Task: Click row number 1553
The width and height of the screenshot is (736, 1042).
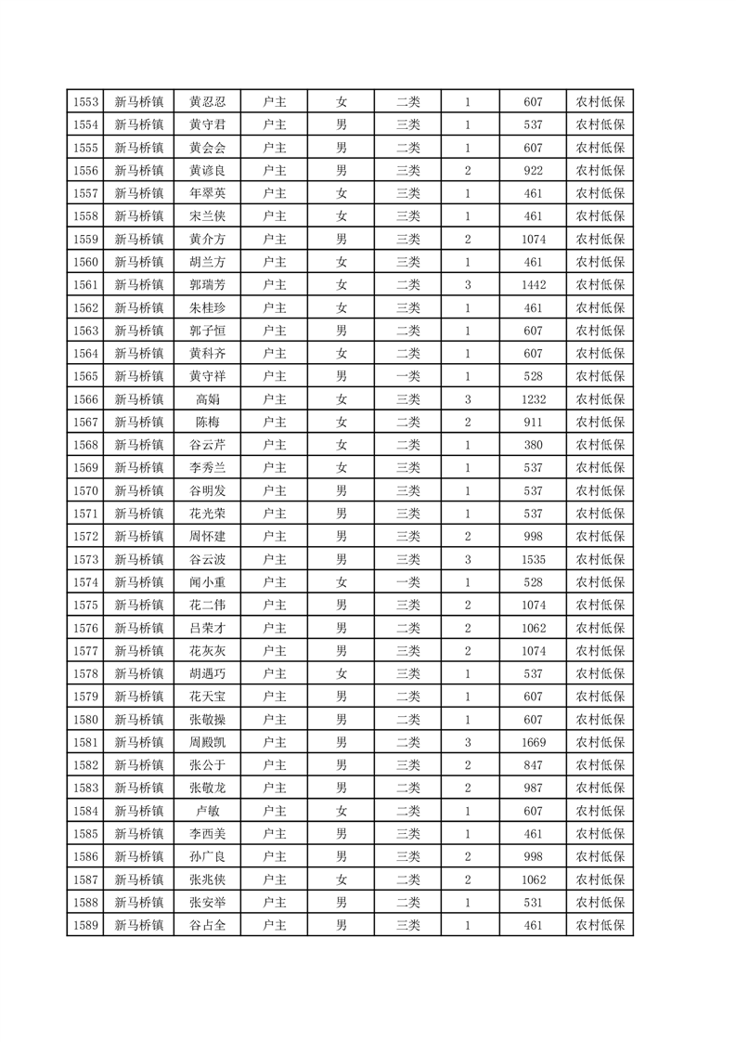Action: [85, 102]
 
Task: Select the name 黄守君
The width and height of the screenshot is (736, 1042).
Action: [207, 125]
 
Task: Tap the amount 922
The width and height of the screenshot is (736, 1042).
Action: [533, 171]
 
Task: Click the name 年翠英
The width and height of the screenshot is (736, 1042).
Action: [207, 194]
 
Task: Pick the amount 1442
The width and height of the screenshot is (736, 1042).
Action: [533, 285]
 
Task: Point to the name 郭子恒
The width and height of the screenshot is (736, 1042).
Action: [207, 331]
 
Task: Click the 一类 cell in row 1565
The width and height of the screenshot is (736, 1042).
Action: [408, 376]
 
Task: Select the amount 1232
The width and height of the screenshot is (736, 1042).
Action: [533, 399]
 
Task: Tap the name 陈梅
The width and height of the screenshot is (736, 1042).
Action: [207, 423]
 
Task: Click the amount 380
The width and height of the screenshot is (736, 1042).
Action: [533, 445]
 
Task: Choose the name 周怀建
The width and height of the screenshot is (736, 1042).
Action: [207, 537]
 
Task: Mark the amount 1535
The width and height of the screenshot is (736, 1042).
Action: [533, 559]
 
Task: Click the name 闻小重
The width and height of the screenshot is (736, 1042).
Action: [207, 582]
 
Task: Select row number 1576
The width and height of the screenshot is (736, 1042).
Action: [85, 628]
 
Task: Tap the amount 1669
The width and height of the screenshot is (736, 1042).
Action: [533, 742]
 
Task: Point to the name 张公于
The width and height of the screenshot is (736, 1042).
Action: [207, 765]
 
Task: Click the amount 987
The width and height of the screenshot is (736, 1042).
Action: [533, 788]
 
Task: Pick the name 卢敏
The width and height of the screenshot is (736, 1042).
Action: [207, 811]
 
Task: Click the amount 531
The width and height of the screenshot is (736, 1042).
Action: [533, 902]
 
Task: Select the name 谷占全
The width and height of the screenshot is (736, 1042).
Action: [207, 925]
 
